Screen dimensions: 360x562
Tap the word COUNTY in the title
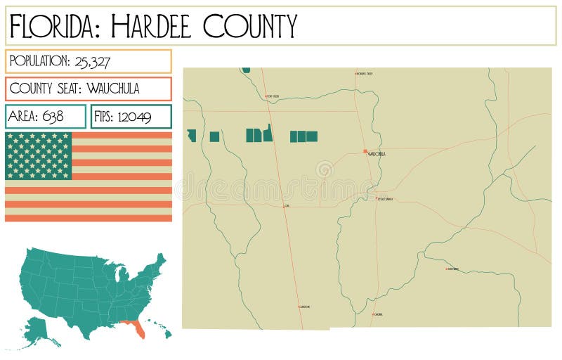pyautogui.click(x=250, y=26)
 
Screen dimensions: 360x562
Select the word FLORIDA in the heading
pyautogui.click(x=53, y=26)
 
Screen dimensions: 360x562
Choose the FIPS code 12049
pyautogui.click(x=136, y=117)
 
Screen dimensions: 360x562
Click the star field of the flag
pyautogui.click(x=39, y=155)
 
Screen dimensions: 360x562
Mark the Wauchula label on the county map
pyautogui.click(x=377, y=153)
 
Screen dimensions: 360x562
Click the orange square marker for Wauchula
pyautogui.click(x=365, y=151)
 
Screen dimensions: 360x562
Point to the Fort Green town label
pyautogui.click(x=273, y=96)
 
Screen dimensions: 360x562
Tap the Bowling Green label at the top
pyautogui.click(x=365, y=73)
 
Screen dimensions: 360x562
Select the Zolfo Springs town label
pyautogui.click(x=385, y=200)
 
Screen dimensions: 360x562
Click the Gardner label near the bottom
pyautogui.click(x=378, y=314)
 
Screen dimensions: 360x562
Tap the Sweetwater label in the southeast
pyautogui.click(x=453, y=269)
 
